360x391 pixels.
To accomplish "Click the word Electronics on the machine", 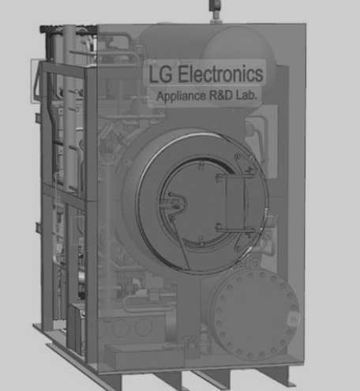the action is (220, 74).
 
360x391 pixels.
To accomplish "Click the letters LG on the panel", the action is (160, 74).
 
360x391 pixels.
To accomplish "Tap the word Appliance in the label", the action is (182, 96).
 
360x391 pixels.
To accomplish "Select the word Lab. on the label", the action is (246, 95).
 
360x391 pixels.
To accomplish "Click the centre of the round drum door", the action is (202, 203).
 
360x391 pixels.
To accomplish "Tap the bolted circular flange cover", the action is (253, 314).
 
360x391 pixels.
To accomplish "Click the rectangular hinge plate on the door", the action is (235, 203).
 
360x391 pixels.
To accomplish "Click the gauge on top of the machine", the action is (216, 6).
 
